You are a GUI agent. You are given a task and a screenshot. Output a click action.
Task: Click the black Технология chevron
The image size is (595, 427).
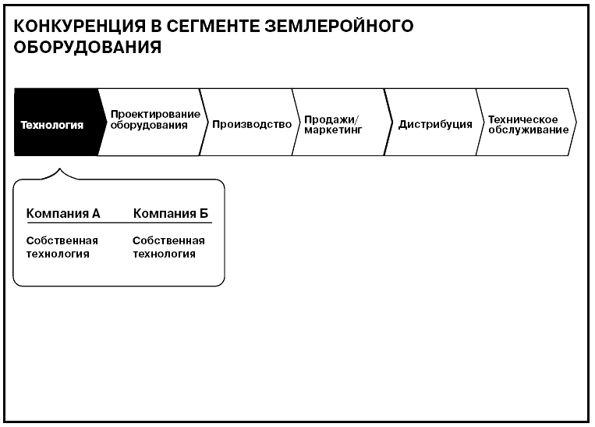click(x=57, y=123)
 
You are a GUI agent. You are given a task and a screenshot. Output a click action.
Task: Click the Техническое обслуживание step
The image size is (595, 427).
click(x=526, y=123)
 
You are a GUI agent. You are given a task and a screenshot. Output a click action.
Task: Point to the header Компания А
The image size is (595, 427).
click(x=63, y=214)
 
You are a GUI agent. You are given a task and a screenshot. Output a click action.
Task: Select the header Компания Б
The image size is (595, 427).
click(x=171, y=214)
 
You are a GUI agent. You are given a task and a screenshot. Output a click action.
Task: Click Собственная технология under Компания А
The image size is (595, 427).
click(x=62, y=247)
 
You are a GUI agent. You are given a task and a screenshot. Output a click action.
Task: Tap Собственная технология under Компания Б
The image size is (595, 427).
click(x=168, y=247)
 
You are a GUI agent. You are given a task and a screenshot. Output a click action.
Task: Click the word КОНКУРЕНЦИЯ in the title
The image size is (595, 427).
click(x=80, y=27)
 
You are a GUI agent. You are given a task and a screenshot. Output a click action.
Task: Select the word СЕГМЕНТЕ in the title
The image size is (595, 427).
click(x=212, y=27)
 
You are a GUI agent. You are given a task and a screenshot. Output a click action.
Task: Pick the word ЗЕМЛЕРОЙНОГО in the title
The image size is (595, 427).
click(x=339, y=27)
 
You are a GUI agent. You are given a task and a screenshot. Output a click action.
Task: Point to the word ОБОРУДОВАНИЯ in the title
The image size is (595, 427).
click(x=87, y=47)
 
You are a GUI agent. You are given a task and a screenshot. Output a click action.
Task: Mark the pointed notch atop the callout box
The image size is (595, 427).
click(x=59, y=169)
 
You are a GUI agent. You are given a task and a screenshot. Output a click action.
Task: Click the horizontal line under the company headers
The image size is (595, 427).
click(x=119, y=222)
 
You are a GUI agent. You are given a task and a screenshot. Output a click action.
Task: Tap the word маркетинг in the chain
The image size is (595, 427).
click(x=333, y=130)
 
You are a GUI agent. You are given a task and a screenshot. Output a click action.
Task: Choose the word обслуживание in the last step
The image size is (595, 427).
click(x=528, y=130)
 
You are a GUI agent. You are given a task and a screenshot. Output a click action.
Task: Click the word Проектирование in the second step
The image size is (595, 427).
click(x=155, y=114)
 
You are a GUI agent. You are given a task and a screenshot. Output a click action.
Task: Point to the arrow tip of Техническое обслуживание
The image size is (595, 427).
click(x=577, y=122)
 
